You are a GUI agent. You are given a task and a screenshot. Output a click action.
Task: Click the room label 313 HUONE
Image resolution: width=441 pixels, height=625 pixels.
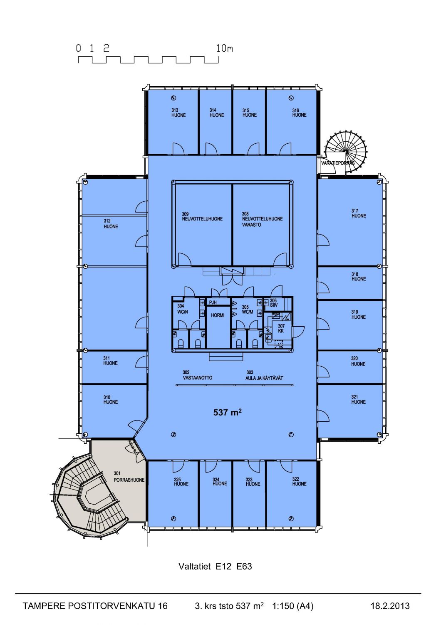pyautogui.click(x=178, y=113)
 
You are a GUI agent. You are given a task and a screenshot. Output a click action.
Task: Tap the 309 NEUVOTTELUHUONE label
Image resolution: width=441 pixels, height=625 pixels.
pyautogui.click(x=202, y=216)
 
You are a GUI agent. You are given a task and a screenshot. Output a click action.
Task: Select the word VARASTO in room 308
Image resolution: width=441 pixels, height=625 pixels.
pyautogui.click(x=252, y=225)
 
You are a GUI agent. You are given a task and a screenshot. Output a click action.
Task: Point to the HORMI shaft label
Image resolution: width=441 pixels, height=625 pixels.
pyautogui.click(x=218, y=315)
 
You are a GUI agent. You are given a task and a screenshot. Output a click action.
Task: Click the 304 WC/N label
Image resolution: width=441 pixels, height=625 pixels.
pyautogui.click(x=182, y=309)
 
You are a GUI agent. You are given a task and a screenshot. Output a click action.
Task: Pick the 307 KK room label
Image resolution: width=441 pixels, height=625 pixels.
pyautogui.click(x=281, y=328)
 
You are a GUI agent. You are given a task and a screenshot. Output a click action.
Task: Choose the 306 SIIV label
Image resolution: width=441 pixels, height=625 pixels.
pyautogui.click(x=273, y=303)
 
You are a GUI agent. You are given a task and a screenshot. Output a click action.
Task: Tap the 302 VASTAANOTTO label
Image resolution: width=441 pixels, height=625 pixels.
pyautogui.click(x=197, y=375)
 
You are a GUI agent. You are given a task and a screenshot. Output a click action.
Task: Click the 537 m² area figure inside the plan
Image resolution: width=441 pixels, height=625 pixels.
pyautogui.click(x=227, y=412)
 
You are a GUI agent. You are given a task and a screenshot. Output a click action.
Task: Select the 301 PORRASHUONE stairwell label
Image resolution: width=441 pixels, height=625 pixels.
pyautogui.click(x=129, y=477)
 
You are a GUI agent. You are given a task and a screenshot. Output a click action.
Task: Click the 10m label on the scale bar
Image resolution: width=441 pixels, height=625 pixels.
pyautogui.click(x=225, y=48)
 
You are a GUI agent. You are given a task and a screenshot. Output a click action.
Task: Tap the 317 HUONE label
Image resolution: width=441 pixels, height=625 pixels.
pyautogui.click(x=358, y=213)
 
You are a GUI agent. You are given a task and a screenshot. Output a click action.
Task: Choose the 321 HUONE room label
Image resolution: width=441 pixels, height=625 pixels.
pyautogui.click(x=358, y=400)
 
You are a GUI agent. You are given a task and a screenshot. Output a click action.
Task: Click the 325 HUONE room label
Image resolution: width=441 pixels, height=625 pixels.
pyautogui.click(x=181, y=482)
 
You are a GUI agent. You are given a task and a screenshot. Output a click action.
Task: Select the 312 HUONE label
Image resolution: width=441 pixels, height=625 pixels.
pyautogui.click(x=111, y=224)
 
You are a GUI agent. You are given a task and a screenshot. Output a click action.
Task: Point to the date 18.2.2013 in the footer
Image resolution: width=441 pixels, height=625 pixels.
pyautogui.click(x=390, y=606)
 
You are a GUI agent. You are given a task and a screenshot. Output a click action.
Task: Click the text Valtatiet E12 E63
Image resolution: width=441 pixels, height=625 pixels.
pyautogui.click(x=215, y=566)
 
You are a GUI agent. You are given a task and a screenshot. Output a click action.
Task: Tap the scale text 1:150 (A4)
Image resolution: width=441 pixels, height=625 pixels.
pyautogui.click(x=292, y=606)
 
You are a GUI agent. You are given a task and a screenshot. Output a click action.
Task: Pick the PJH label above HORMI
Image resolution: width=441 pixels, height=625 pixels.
pyautogui.click(x=213, y=302)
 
